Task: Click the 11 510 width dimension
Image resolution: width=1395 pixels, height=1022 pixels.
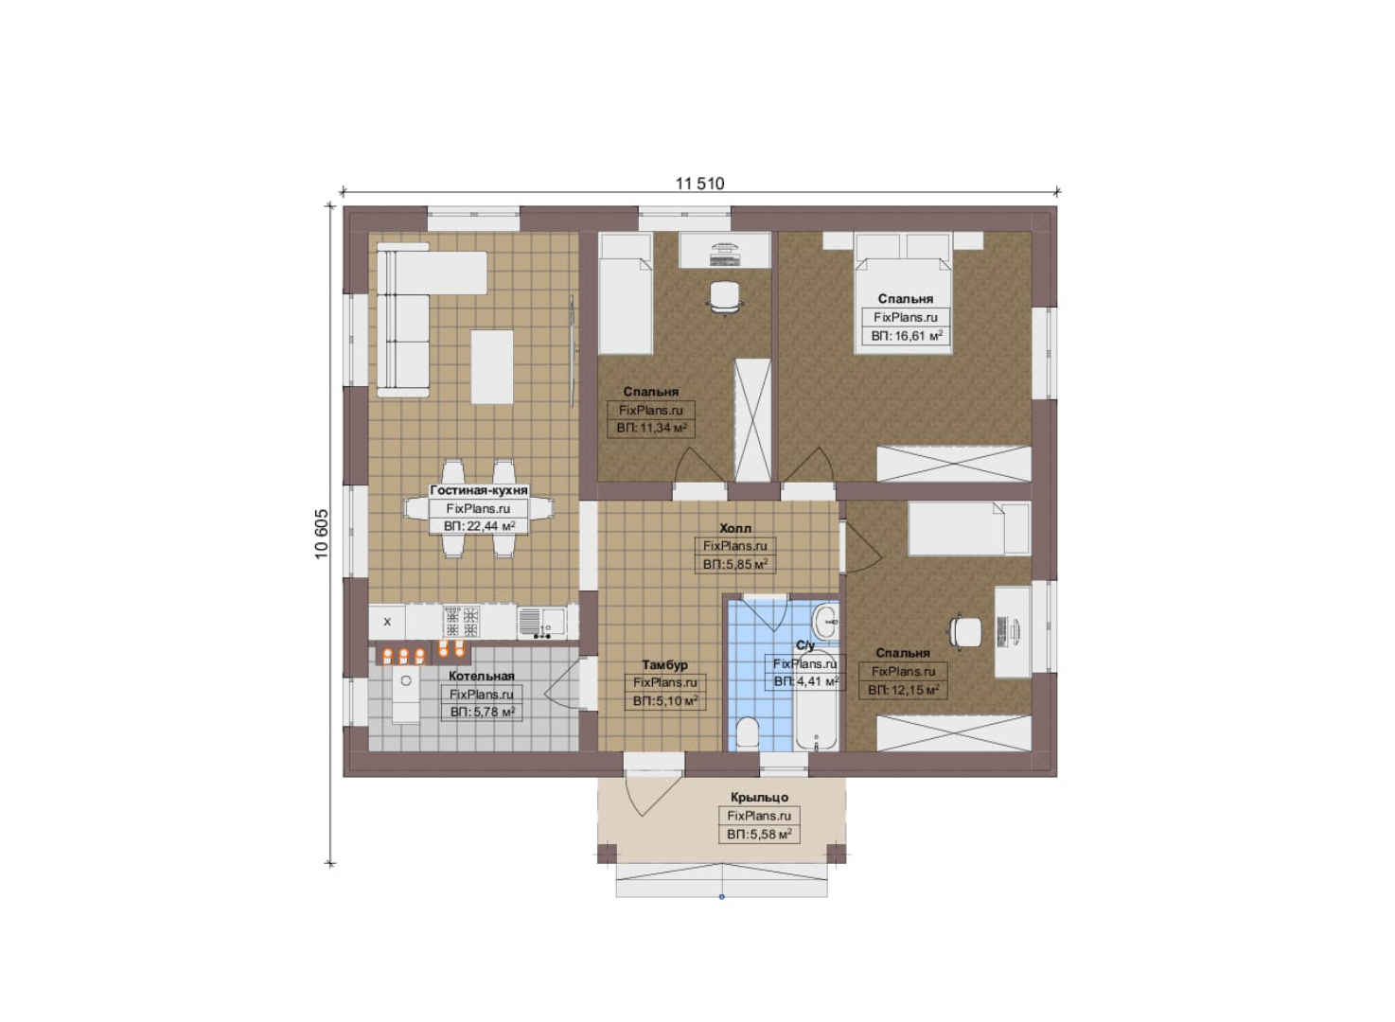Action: pos(700,184)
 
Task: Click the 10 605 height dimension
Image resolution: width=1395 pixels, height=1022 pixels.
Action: pos(322,534)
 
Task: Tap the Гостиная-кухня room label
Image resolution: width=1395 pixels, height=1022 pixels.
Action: pos(479,490)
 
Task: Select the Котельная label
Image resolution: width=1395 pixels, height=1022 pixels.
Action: pos(482,676)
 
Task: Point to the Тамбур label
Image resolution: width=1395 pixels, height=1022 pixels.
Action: pos(665,664)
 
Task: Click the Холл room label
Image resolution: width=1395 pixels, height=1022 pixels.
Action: pos(734,528)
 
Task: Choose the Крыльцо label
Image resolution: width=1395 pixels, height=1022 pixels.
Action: pos(759,797)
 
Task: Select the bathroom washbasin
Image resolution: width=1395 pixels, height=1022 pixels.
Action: pos(826,621)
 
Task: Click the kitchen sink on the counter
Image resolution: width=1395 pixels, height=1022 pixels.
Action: pos(540,622)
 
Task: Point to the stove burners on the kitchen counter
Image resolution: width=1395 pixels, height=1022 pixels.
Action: pos(462,622)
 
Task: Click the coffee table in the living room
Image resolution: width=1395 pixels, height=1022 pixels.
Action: pos(492,367)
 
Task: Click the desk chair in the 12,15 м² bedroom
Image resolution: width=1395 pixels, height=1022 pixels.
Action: pos(964,632)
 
